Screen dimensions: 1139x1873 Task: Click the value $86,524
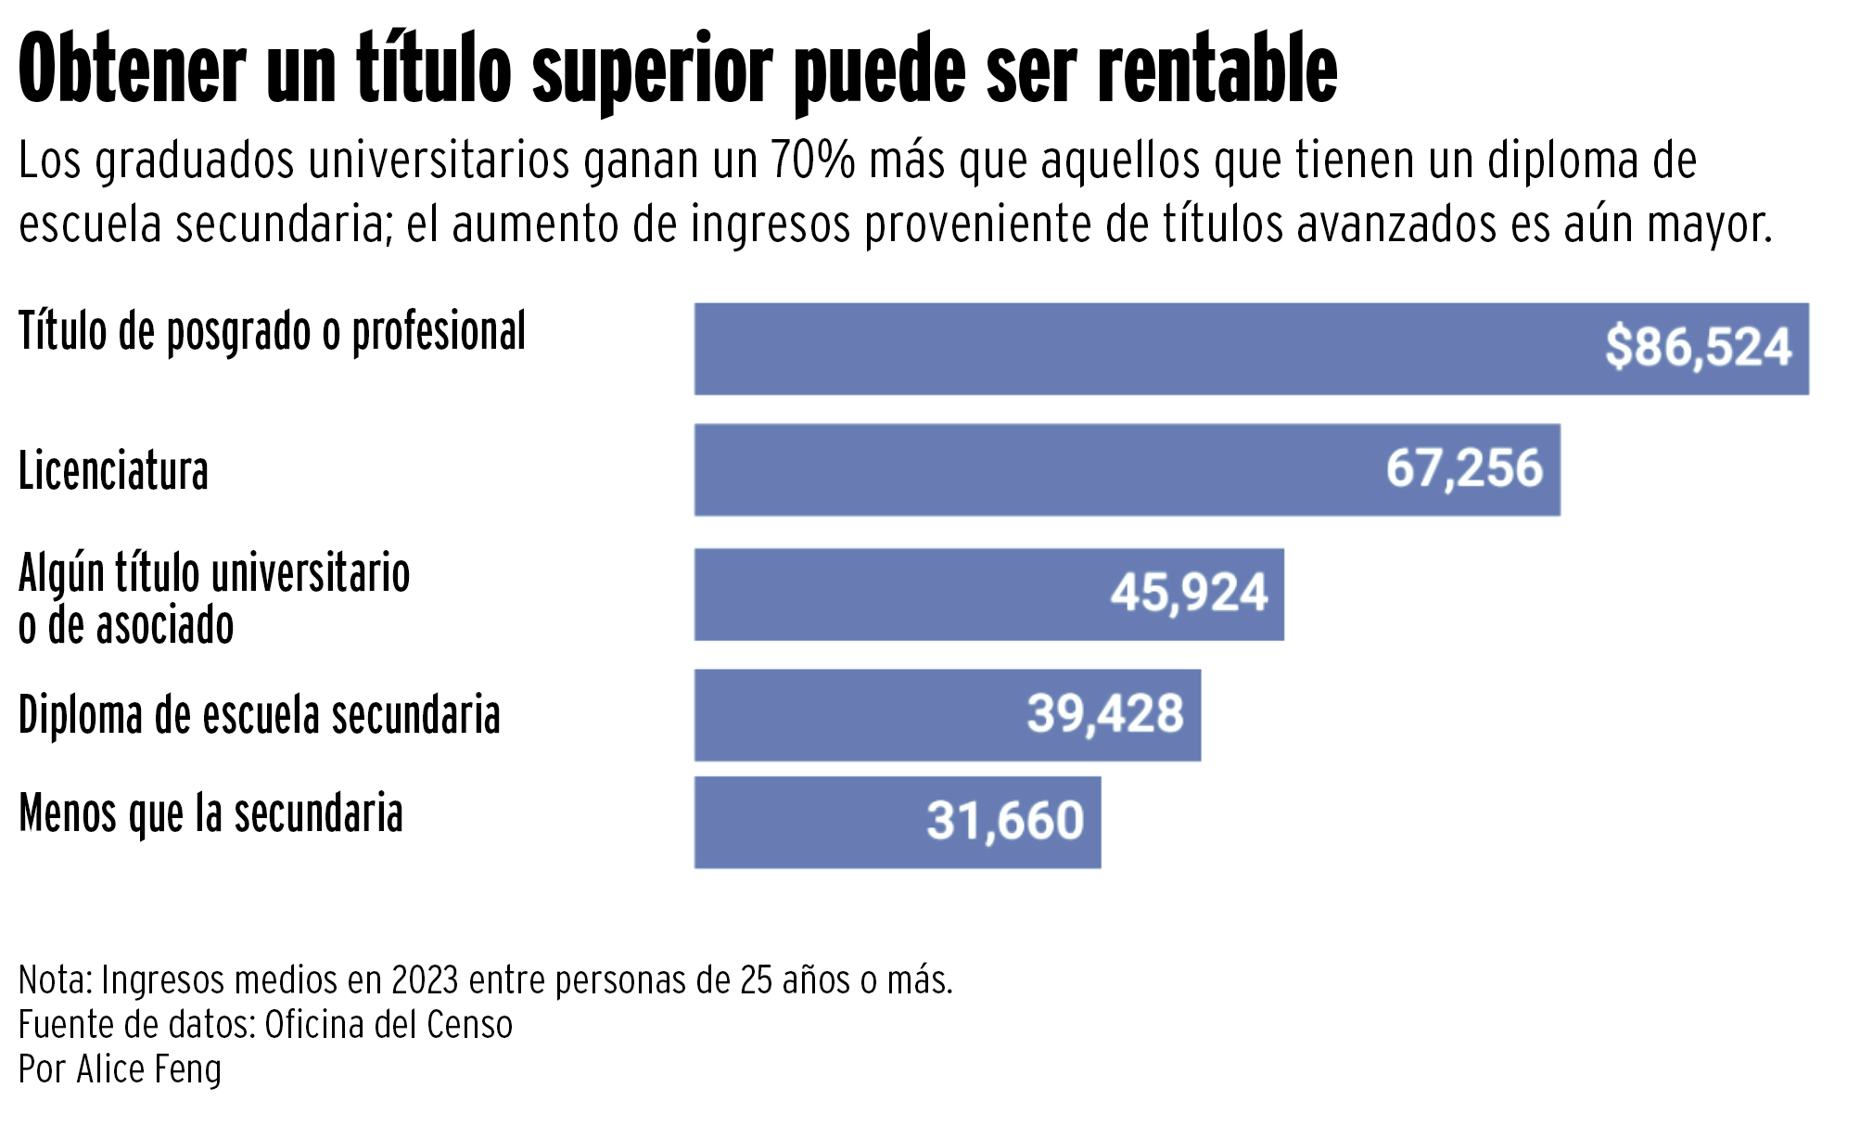pyautogui.click(x=1698, y=348)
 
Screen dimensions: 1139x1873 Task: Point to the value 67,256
pyautogui.click(x=1464, y=468)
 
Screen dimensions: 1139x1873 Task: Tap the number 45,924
pyautogui.click(x=1189, y=594)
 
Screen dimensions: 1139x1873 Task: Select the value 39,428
pyautogui.click(x=1104, y=714)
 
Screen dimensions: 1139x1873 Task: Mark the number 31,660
pyautogui.click(x=1005, y=821)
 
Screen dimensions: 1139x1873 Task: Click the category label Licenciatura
pyautogui.click(x=113, y=470)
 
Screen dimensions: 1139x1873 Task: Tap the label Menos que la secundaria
pyautogui.click(x=210, y=813)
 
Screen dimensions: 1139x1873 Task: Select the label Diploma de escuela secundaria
pyautogui.click(x=259, y=715)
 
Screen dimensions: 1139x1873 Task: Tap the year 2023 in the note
pyautogui.click(x=425, y=980)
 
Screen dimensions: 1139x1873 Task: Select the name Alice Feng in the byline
pyautogui.click(x=149, y=1069)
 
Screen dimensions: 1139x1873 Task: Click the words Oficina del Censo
pyautogui.click(x=389, y=1025)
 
